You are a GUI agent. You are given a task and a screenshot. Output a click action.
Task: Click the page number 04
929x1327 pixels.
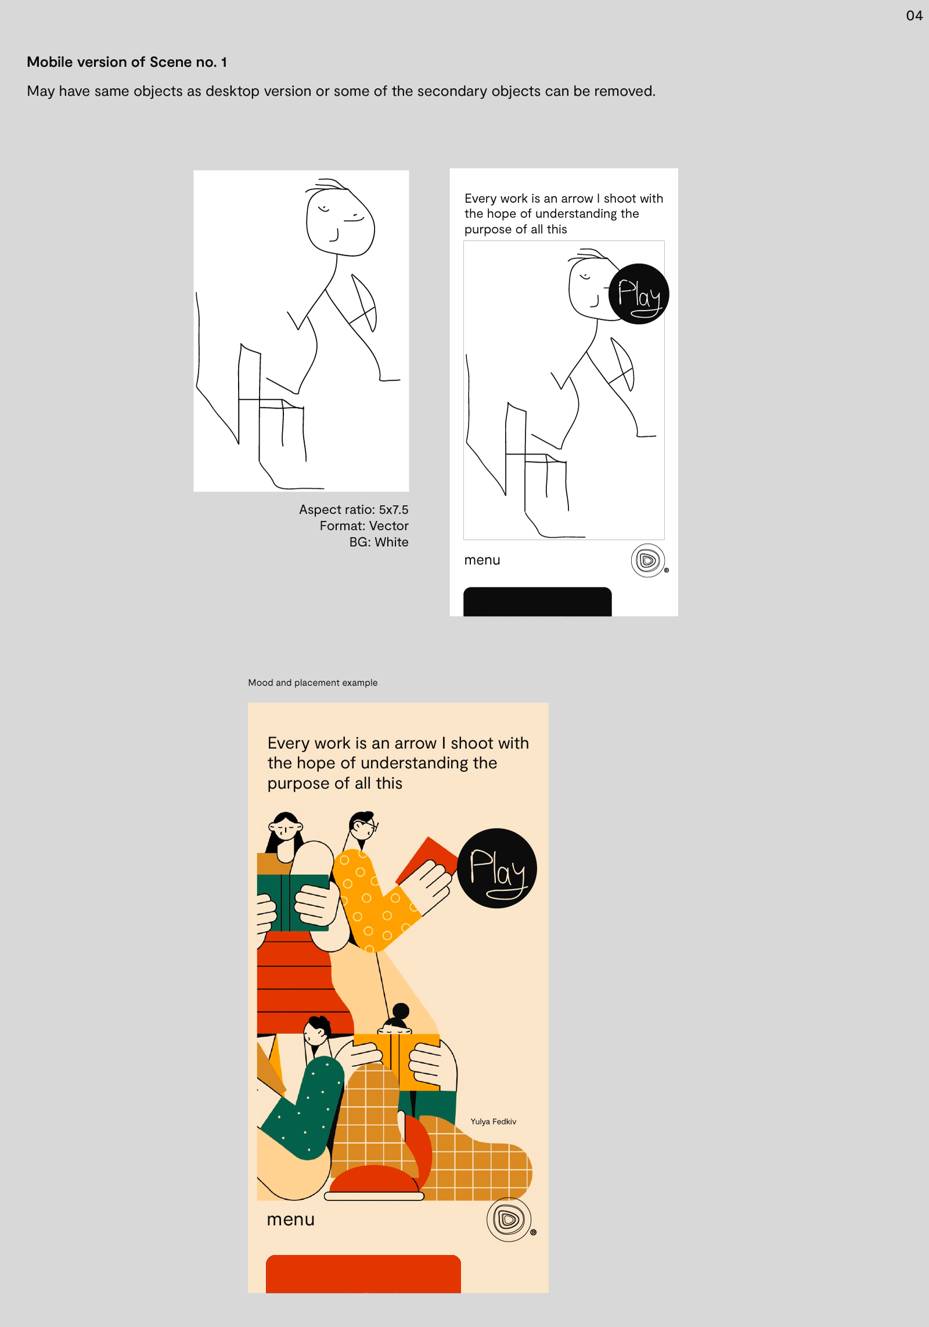tap(914, 16)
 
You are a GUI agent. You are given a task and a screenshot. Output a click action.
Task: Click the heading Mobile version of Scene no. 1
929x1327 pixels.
tap(127, 62)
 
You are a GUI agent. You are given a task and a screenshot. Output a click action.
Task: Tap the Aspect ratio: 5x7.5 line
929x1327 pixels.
tap(353, 510)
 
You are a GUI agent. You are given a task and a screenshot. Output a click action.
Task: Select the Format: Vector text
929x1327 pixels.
tap(363, 526)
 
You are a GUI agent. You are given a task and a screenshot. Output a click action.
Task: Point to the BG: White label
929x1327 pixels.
tap(379, 542)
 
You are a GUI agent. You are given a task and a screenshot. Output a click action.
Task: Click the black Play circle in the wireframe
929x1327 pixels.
tap(639, 294)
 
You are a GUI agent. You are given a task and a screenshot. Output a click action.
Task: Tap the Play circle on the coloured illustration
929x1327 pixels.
tap(497, 868)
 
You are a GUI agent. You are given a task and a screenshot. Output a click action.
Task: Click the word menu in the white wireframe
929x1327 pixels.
tap(482, 560)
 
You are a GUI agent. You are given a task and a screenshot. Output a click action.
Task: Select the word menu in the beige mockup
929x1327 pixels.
tap(290, 1220)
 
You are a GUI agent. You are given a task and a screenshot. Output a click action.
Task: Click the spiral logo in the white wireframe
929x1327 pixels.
tap(647, 561)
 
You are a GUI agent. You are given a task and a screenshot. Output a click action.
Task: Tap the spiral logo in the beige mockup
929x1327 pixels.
tap(509, 1220)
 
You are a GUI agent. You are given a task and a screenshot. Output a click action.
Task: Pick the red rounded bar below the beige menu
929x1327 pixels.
tap(363, 1274)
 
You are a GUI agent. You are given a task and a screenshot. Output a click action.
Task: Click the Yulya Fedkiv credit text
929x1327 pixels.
tap(493, 1122)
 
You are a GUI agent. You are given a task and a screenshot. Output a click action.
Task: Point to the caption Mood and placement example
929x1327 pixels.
tap(312, 683)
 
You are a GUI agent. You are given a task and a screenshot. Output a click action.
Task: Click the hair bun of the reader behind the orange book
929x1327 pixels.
tap(401, 1011)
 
